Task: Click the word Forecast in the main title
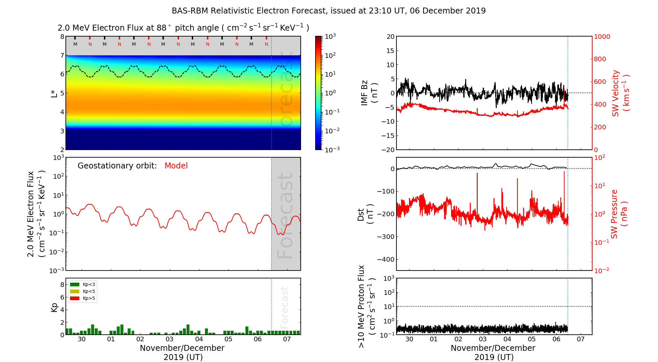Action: (x=309, y=11)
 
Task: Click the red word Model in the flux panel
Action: (x=176, y=166)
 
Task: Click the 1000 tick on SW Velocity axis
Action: (x=602, y=37)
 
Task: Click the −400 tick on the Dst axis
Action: (x=385, y=259)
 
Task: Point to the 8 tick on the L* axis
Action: (x=62, y=37)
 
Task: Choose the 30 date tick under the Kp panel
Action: (x=82, y=339)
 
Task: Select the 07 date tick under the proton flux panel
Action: (x=581, y=339)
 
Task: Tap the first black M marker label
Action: (x=75, y=44)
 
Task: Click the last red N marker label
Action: (x=266, y=44)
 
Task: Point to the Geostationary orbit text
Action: (x=117, y=166)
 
